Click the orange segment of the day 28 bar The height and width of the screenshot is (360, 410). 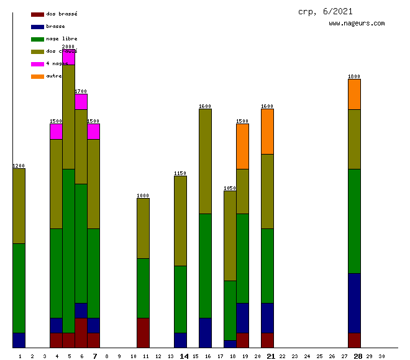[x=354, y=94]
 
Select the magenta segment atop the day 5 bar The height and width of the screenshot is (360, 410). [x=68, y=57]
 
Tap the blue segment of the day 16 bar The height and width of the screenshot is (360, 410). [x=205, y=333]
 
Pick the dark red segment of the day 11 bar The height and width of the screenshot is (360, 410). [x=143, y=333]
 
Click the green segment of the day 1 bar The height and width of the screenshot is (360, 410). [x=19, y=288]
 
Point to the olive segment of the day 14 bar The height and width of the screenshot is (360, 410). [x=180, y=221]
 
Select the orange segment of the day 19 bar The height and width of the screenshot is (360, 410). [x=242, y=146]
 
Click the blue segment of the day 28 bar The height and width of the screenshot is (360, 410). [x=354, y=303]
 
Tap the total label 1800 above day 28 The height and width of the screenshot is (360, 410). [x=354, y=76]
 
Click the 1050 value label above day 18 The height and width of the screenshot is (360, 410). [x=230, y=188]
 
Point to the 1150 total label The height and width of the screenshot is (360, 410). [x=180, y=173]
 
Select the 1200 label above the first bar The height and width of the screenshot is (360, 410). [x=19, y=166]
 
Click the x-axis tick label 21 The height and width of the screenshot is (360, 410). [x=271, y=356]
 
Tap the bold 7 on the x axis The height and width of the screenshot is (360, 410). [x=94, y=356]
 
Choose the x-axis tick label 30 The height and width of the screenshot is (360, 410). [x=381, y=356]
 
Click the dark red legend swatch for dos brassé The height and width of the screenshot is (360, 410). [x=37, y=14]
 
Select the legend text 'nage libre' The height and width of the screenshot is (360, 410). [x=61, y=38]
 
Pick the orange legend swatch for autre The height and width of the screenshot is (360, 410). [x=37, y=76]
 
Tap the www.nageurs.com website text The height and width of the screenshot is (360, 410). [x=357, y=24]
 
